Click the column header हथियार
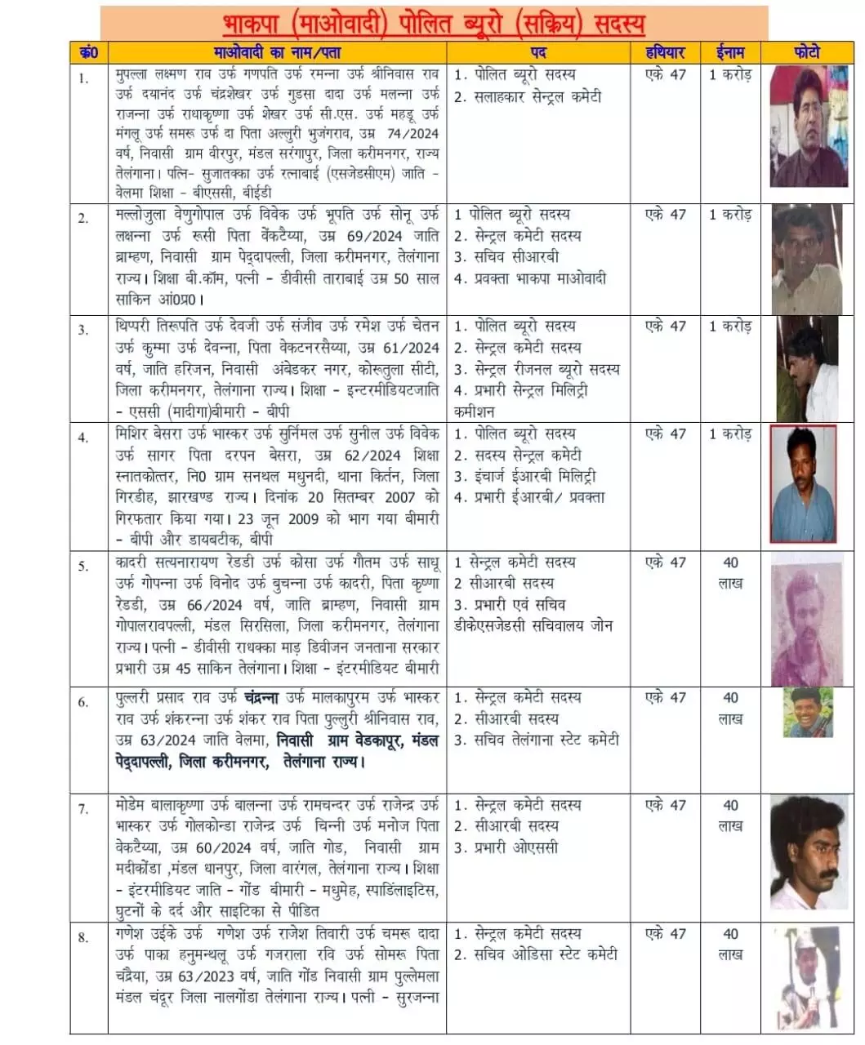(x=666, y=53)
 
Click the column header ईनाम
(x=730, y=53)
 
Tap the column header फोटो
(x=805, y=53)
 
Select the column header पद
(x=539, y=53)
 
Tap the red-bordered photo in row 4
(x=804, y=483)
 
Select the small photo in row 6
(x=808, y=713)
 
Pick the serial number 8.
(x=83, y=936)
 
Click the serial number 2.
(x=83, y=217)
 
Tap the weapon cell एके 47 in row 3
(x=666, y=327)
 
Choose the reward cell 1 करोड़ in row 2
(x=729, y=215)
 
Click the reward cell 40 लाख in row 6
(x=730, y=709)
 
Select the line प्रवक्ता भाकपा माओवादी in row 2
(x=540, y=278)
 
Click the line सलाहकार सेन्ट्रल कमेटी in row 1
(x=538, y=96)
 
